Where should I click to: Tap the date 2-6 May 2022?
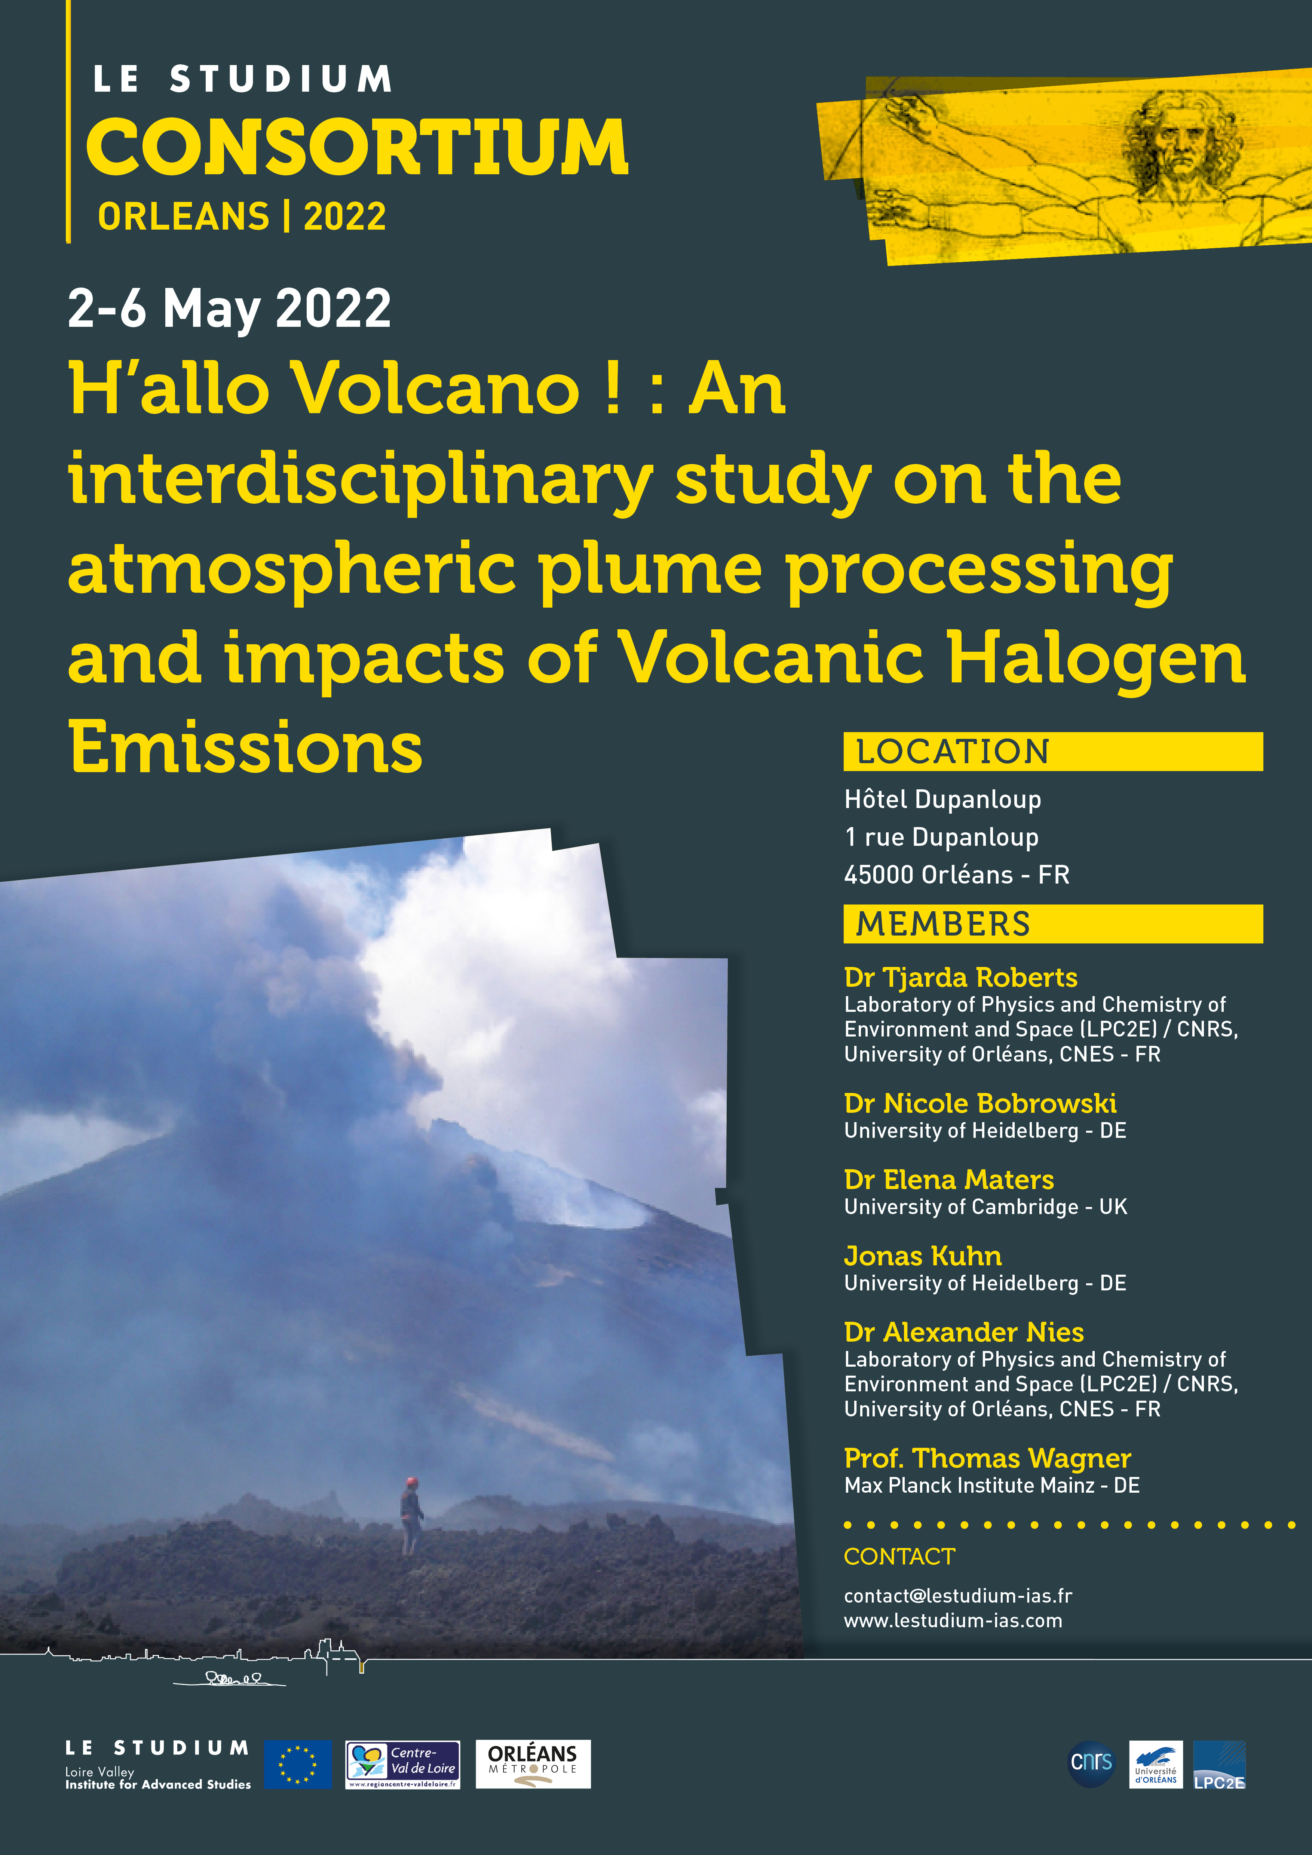click(229, 308)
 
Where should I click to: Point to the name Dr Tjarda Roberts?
click(960, 977)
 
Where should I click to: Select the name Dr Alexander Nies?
click(964, 1332)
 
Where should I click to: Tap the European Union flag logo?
click(298, 1765)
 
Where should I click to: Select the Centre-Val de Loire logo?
click(402, 1765)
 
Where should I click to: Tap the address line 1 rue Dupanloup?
click(941, 837)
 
